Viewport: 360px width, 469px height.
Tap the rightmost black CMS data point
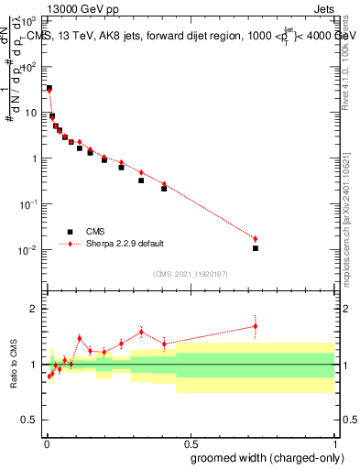click(x=256, y=248)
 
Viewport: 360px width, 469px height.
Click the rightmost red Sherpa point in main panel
click(x=256, y=239)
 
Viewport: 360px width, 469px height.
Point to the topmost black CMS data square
click(x=49, y=88)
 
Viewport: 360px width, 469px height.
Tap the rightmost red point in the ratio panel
click(x=256, y=325)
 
